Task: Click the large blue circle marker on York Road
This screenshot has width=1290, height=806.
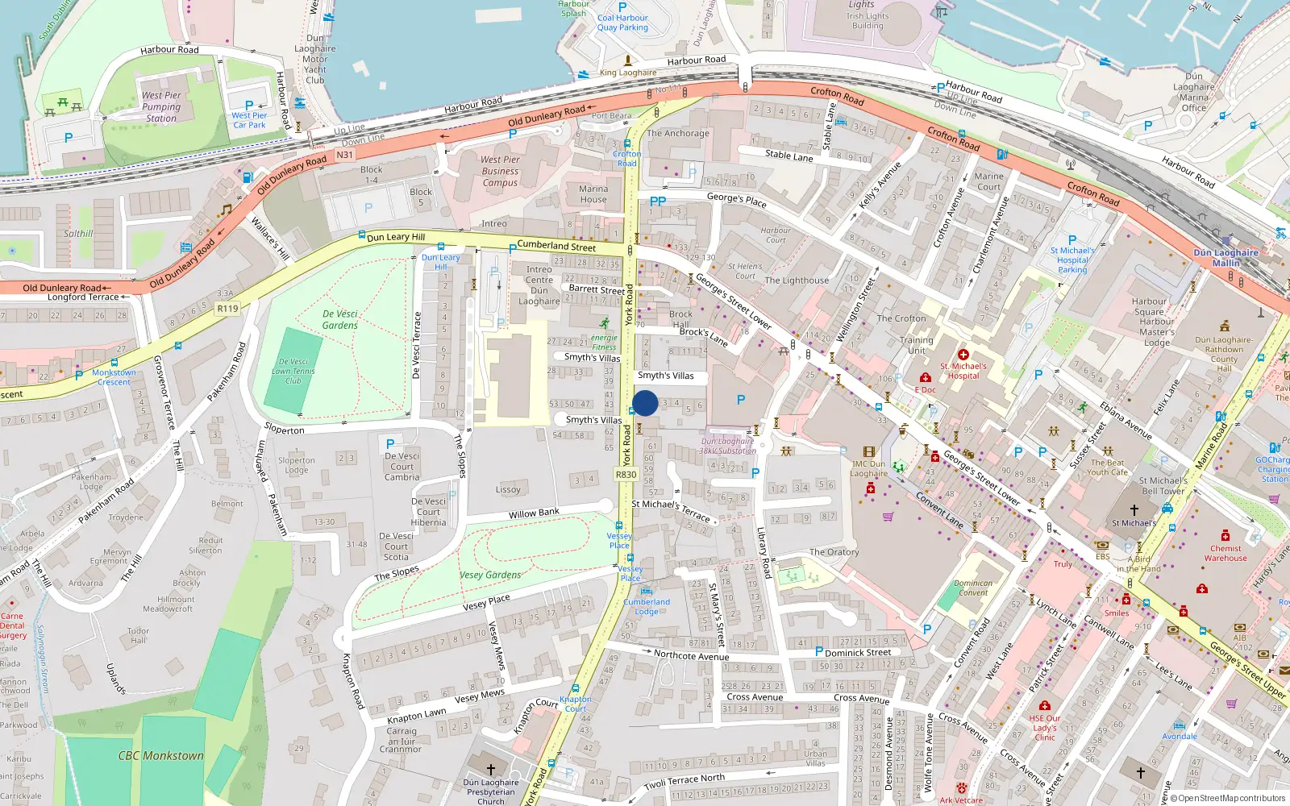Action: [644, 403]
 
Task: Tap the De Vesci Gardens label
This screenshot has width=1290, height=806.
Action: [339, 319]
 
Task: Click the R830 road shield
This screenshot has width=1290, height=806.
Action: [626, 475]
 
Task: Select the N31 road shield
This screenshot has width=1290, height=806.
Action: [344, 155]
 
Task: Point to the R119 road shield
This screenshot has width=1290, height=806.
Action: [228, 308]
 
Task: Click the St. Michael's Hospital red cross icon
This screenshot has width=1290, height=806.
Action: [963, 355]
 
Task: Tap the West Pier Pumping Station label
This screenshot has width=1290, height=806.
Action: [161, 106]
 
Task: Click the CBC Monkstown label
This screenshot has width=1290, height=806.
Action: [160, 755]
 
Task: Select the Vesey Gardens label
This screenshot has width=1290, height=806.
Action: [490, 575]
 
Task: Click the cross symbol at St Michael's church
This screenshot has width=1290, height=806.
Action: [1134, 510]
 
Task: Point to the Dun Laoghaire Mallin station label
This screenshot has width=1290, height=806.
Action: [1225, 257]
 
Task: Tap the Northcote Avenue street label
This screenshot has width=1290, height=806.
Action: [691, 655]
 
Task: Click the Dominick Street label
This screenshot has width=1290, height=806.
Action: [858, 652]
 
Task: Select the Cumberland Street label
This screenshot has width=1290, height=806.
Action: [556, 246]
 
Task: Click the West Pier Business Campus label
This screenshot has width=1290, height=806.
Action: [500, 171]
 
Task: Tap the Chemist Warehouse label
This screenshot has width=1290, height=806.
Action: [1225, 553]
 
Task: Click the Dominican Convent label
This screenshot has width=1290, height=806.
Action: [973, 588]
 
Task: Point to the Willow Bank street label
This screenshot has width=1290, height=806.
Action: [534, 513]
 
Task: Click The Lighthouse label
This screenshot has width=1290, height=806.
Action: [797, 280]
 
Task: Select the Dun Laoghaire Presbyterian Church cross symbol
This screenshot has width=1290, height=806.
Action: [490, 770]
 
